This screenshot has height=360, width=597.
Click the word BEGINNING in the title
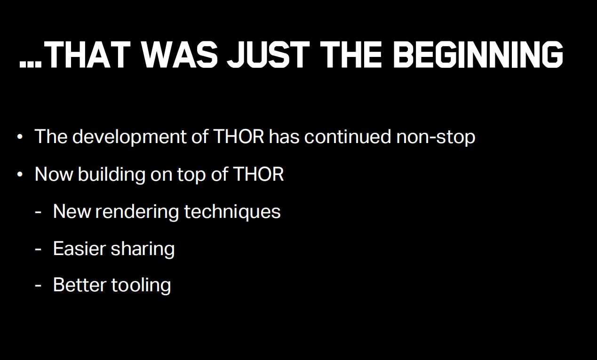click(478, 55)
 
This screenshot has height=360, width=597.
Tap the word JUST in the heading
click(268, 55)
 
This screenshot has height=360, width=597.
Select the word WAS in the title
click(179, 55)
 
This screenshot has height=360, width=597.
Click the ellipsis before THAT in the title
click(31, 64)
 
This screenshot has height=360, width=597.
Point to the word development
click(129, 137)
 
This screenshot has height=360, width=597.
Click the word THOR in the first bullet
click(239, 136)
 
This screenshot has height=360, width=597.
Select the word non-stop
click(436, 137)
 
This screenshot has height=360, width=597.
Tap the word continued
click(348, 136)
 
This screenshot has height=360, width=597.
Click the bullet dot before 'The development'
click(20, 137)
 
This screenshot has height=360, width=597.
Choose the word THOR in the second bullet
click(258, 174)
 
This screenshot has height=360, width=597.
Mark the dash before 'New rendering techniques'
click(38, 213)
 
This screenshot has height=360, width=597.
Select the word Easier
click(80, 248)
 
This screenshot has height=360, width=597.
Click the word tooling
click(141, 285)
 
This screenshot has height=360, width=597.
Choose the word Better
click(80, 285)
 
